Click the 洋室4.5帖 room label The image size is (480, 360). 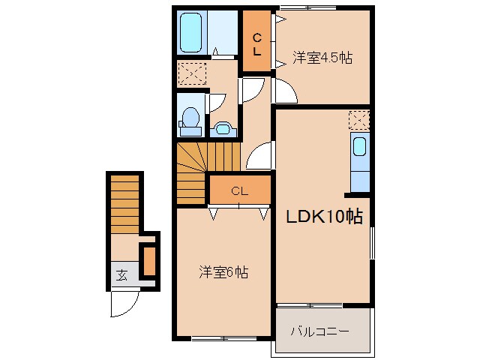click(x=322, y=56)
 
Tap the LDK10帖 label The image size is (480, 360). click(x=323, y=217)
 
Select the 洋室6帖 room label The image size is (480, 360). click(x=223, y=272)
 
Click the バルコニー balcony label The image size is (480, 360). click(x=319, y=330)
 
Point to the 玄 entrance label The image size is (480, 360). click(x=121, y=274)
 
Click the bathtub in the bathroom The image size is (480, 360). click(x=192, y=31)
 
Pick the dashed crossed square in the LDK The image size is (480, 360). click(x=358, y=118)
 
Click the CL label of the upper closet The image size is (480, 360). click(x=256, y=44)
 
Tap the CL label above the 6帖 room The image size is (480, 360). click(x=239, y=191)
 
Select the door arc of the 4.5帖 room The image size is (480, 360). click(x=284, y=91)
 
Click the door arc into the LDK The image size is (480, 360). click(x=259, y=156)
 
